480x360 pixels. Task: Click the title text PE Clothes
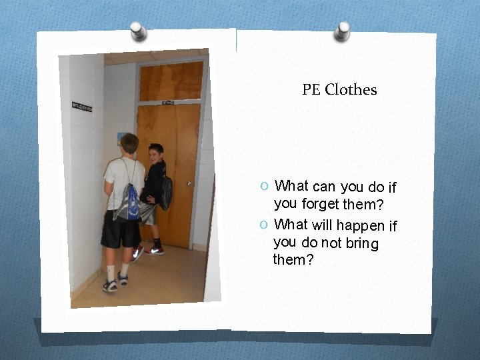pos(339,89)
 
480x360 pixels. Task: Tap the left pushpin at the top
pos(139,31)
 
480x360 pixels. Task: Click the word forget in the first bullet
pos(321,204)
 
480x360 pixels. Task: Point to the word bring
pos(362,243)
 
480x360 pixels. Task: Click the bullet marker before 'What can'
pos(265,186)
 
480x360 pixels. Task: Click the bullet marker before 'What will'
pos(265,225)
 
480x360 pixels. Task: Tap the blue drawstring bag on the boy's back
pos(128,203)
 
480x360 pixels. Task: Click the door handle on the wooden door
pos(190,183)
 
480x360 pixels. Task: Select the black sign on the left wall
pos(81,107)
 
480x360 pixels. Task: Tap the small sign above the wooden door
pos(167,103)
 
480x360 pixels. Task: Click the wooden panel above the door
pos(171,81)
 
